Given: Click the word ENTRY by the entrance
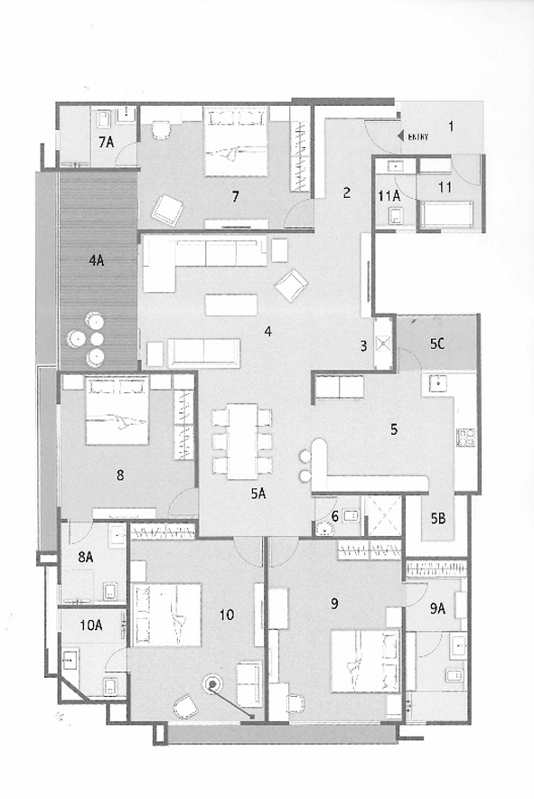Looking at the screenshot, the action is point(417,136).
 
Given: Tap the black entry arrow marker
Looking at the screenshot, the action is point(401,136).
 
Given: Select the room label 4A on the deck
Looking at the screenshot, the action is point(97,261).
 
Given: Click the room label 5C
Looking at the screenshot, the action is point(436,344).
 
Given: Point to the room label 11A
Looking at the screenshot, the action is point(389,195).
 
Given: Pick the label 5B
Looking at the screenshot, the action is point(438,519).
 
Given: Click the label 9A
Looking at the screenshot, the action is point(437,608).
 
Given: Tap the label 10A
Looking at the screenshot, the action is point(91,625).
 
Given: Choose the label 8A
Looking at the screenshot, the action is point(86,557).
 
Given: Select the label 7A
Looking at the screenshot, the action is point(106,142).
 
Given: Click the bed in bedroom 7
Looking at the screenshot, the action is point(236,141).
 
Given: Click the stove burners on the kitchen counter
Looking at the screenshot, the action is point(466,437).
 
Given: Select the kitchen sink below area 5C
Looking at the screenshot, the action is point(437,383).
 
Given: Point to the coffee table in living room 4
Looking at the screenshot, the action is point(231,305).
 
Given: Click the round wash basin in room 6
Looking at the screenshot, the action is point(324,529).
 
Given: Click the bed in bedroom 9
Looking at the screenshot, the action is point(365,662).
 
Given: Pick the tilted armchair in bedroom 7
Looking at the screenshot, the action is point(166,210).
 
